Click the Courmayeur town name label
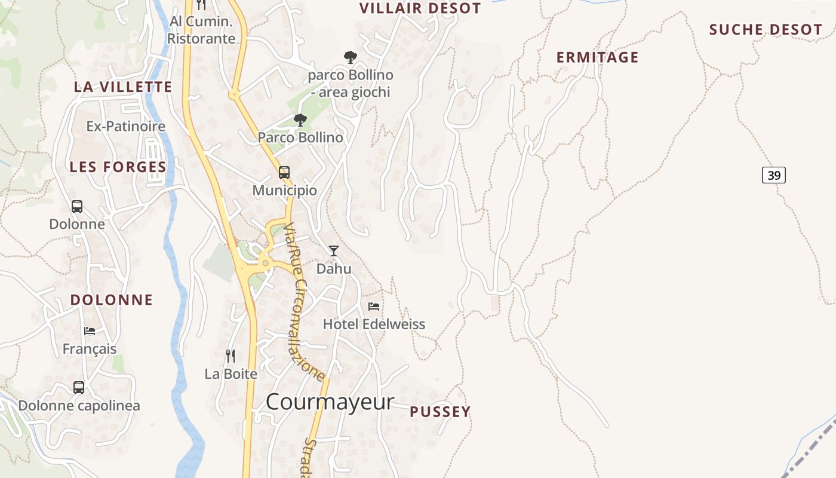pos(330,402)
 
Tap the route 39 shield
pos(774,175)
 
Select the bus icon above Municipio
pos(284,173)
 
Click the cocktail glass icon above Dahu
pos(334,251)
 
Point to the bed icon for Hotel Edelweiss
pos(374,307)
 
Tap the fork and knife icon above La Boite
pos(230,356)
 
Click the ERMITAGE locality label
pos(597,57)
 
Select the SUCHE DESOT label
pos(766,30)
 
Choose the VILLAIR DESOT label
pos(420,8)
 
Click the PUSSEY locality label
pos(440,412)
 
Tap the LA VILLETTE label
pos(123,87)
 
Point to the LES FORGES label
pos(118,167)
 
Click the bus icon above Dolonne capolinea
pos(79,387)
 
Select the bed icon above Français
pos(90,330)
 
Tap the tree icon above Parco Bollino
pos(300,120)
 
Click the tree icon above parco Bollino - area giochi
pos(351,57)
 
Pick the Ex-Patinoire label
pos(126,127)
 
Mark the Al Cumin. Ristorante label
pos(201,30)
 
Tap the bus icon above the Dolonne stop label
pos(77,207)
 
